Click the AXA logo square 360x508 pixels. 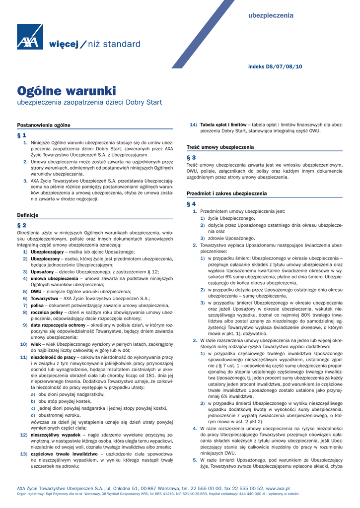(x=29, y=37)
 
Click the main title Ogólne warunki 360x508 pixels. (x=67, y=91)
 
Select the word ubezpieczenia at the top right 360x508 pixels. (x=271, y=15)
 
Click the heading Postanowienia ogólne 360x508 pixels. (x=44, y=125)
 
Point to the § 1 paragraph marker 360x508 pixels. (x=22, y=135)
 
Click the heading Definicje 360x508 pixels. (x=28, y=215)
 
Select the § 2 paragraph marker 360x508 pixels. (x=22, y=225)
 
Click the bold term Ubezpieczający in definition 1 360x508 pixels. (x=48, y=252)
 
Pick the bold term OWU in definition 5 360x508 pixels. (x=36, y=292)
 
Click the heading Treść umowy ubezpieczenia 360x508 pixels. (x=220, y=147)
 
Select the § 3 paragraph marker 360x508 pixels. (x=191, y=157)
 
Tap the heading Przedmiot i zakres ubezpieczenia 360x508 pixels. (x=226, y=193)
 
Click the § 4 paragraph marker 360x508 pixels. (x=191, y=203)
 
